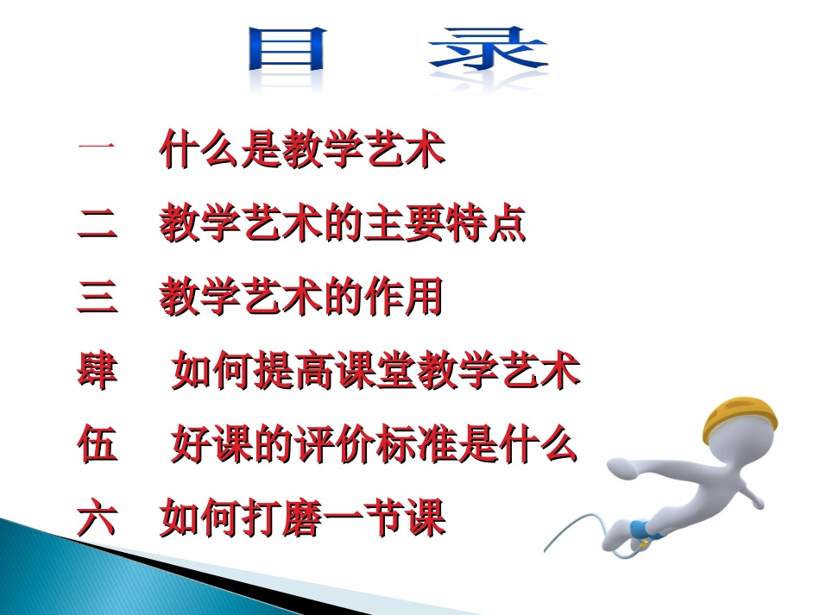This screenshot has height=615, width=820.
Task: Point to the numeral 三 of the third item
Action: tap(96, 298)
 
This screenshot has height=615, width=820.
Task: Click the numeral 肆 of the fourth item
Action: tap(96, 373)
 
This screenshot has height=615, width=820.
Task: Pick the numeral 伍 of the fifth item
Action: tap(96, 446)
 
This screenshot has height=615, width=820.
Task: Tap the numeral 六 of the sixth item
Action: tap(96, 519)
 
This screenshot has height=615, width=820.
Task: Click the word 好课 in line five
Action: tap(211, 446)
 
